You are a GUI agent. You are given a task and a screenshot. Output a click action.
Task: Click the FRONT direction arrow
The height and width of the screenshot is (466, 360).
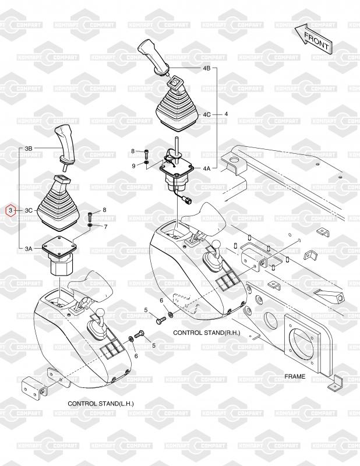point(313,40)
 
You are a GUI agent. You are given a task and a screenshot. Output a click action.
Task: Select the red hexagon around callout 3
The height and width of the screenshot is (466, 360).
point(10,211)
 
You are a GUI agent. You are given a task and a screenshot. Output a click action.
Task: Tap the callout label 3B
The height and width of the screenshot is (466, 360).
point(29,148)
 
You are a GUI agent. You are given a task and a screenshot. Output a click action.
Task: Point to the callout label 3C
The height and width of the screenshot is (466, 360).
point(29,211)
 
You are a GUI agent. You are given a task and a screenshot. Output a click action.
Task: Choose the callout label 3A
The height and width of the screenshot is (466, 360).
point(29,249)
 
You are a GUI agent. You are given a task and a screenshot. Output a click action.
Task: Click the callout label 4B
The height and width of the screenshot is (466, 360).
point(207,68)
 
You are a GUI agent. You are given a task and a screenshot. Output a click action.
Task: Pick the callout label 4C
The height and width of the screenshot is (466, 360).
point(207,114)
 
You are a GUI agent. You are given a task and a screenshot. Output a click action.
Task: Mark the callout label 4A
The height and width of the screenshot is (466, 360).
point(207,168)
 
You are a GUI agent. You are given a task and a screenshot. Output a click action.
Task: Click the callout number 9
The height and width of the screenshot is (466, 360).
point(134,166)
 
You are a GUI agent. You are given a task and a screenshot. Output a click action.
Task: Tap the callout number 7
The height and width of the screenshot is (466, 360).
point(105,227)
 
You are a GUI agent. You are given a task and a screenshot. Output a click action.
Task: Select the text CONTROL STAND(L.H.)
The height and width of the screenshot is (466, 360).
point(101,404)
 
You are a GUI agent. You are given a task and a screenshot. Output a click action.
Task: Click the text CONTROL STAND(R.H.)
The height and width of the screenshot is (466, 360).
point(207,333)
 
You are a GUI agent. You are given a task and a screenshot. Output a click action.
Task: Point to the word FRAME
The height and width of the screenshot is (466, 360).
point(295,376)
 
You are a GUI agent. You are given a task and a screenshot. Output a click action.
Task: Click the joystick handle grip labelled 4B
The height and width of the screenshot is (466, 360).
point(153,57)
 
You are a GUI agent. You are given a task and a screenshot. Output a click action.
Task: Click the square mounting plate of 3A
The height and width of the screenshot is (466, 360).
point(59,246)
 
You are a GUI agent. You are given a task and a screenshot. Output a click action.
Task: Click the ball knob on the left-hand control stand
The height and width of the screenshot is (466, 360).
point(101,313)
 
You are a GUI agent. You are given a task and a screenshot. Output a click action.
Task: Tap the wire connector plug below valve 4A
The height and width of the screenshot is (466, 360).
point(188,199)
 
